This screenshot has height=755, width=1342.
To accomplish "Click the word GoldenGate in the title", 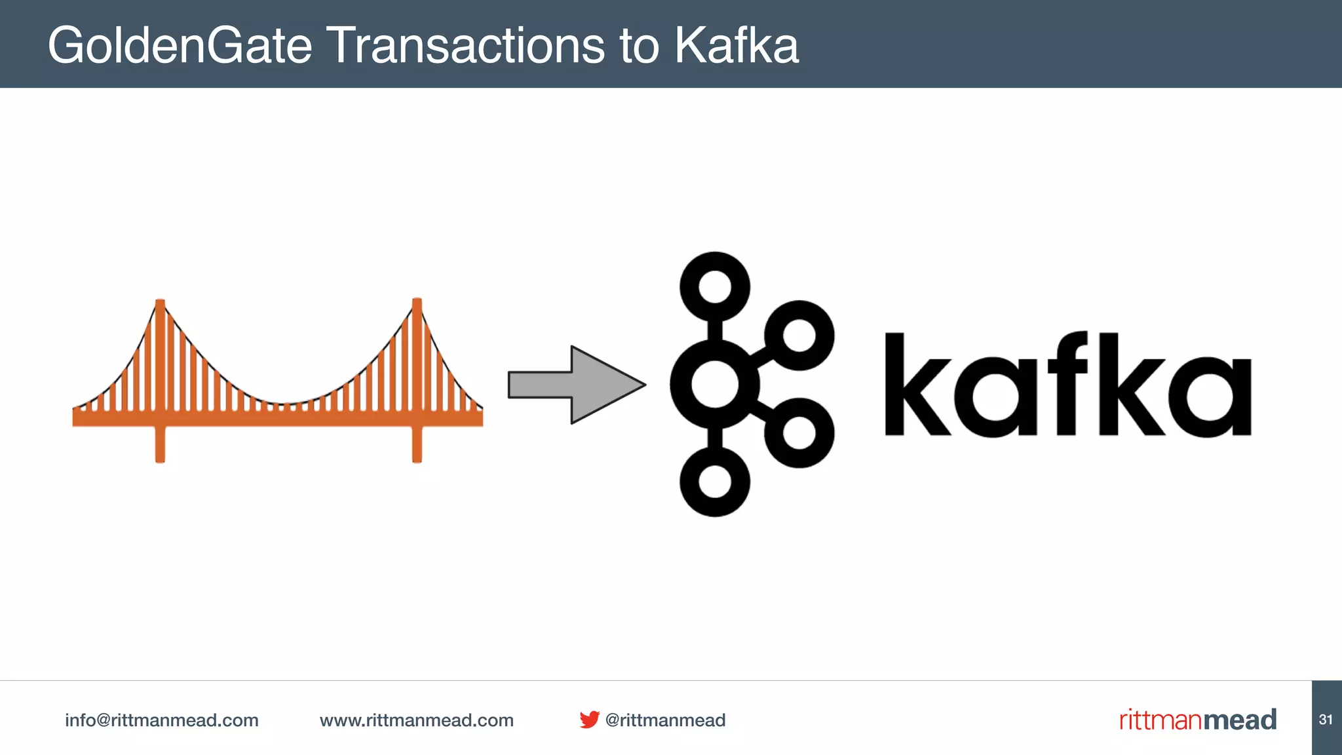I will [180, 46].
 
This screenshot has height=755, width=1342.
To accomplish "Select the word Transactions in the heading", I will [465, 46].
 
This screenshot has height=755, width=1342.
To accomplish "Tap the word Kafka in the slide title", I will [737, 46].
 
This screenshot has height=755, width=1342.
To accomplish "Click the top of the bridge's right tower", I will [417, 303].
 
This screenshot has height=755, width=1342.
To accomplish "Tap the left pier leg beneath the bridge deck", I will [160, 446].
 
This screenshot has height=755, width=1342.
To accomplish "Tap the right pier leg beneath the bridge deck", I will [417, 446].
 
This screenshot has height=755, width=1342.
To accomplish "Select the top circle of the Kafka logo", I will [714, 287].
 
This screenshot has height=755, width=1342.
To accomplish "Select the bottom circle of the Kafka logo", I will [714, 482].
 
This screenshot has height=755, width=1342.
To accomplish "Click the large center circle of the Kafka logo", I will [714, 385].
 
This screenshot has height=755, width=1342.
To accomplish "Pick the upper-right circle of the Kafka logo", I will [799, 336].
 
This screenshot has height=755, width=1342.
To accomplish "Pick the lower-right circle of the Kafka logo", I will [799, 433].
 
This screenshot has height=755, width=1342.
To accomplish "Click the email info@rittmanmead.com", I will [161, 720].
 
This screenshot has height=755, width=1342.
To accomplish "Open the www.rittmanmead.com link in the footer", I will [416, 720].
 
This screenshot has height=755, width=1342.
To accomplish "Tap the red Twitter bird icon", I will [589, 720].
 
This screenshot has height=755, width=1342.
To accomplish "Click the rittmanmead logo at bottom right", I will [1198, 720].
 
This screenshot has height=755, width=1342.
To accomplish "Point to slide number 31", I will [1326, 720].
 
